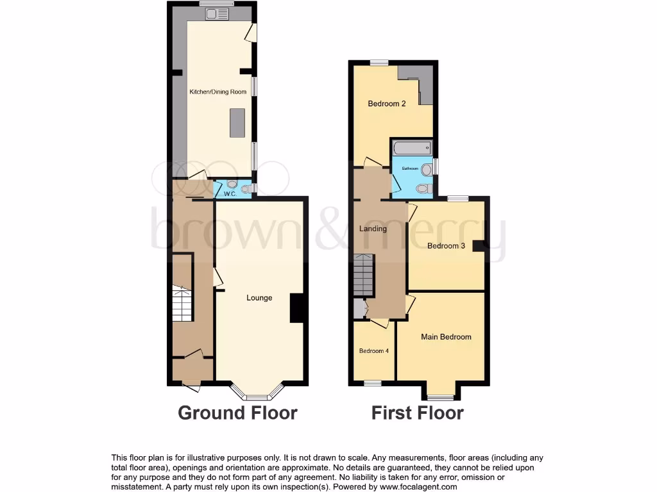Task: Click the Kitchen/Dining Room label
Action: coord(218,92)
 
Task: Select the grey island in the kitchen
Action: coord(237,122)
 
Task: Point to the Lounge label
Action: coord(259,298)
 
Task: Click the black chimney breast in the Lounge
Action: coord(296,308)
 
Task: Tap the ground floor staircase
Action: coord(182,305)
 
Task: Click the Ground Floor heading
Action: coord(237,413)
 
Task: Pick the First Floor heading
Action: coord(417,413)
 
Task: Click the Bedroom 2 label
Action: coord(386,104)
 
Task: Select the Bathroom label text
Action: coord(410,168)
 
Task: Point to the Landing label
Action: coord(373,229)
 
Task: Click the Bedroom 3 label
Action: coord(446,246)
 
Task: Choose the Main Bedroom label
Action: coord(446,337)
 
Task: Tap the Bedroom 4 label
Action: coord(373,351)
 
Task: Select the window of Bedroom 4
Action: coord(371,383)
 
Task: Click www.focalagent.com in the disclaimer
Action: coord(418,487)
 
